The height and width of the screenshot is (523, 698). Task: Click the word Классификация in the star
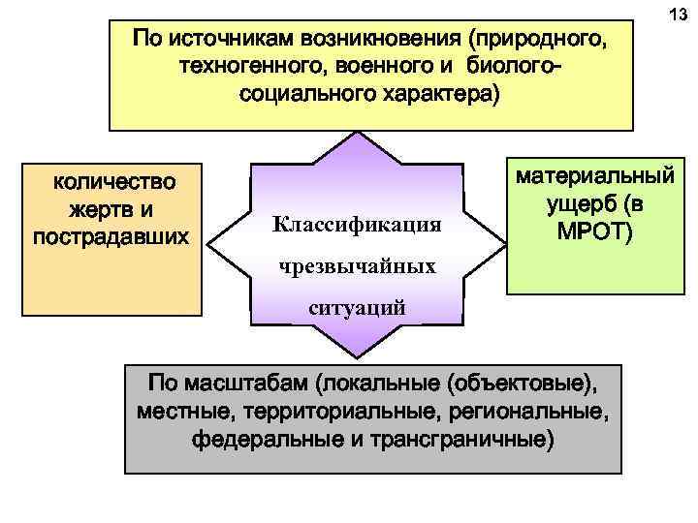tap(357, 226)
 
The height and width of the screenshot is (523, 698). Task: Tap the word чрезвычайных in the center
tap(356, 266)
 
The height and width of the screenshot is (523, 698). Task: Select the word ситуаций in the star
tap(356, 308)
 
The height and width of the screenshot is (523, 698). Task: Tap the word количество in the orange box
tap(113, 181)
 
